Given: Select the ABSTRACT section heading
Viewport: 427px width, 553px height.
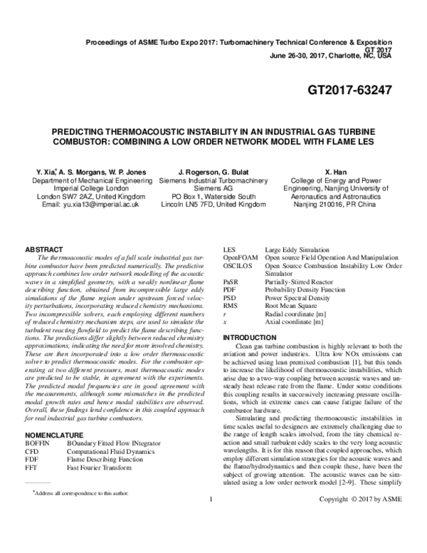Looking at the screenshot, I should pyautogui.click(x=45, y=249).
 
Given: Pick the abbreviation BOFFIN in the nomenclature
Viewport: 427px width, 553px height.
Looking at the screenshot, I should pyautogui.click(x=38, y=404).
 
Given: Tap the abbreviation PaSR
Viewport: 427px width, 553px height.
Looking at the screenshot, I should pyautogui.click(x=231, y=282).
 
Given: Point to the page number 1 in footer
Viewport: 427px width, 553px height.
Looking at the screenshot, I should pyautogui.click(x=212, y=538).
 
